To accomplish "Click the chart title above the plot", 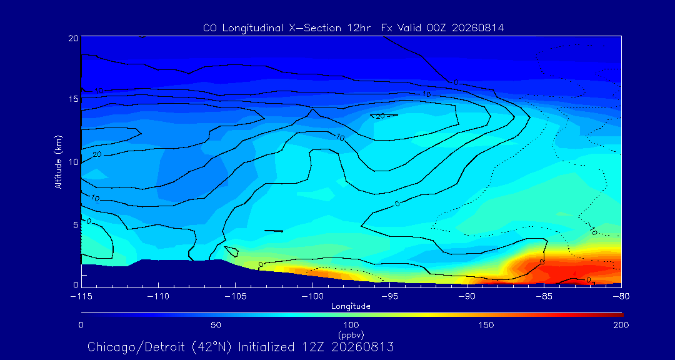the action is (x=353, y=28).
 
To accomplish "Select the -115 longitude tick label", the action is (x=81, y=297).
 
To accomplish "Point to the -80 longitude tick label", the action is (x=621, y=297).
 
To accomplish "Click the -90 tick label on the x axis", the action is (x=467, y=297).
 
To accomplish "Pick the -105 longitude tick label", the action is (x=235, y=297).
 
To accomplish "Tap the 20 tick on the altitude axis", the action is (x=73, y=37).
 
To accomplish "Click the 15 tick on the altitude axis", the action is (x=73, y=99).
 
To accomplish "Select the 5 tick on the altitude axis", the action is (x=76, y=225).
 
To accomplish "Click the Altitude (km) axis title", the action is (x=58, y=161).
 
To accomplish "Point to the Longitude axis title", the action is (x=351, y=307).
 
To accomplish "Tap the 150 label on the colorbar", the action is (x=486, y=325).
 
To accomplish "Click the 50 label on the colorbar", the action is (x=216, y=325).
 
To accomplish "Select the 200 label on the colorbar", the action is (x=621, y=325).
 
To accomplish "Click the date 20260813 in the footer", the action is (x=355, y=347).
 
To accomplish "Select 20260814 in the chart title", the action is (x=478, y=28).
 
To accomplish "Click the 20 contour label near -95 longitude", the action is (x=380, y=116).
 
